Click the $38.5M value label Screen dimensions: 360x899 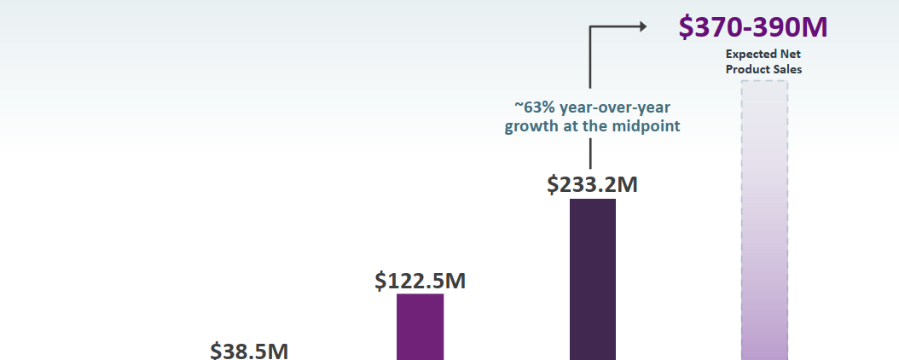[250, 350]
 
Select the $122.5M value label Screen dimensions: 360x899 [420, 281]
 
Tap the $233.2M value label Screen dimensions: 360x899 [592, 183]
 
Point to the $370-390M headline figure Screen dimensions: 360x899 [753, 27]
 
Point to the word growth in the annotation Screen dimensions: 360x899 [534, 127]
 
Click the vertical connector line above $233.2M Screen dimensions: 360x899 [591, 154]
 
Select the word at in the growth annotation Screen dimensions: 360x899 [577, 127]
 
